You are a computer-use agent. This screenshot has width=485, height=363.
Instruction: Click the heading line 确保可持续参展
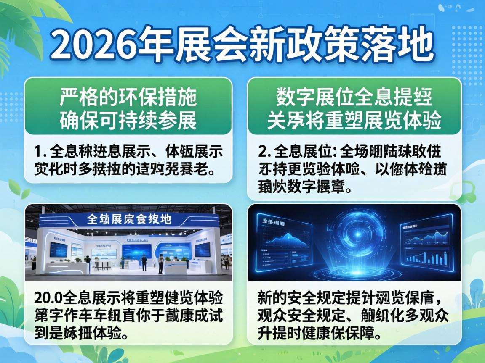click(128, 121)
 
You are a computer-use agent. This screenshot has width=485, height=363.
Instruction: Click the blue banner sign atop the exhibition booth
click(128, 219)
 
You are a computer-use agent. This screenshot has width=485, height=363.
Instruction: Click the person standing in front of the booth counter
click(160, 264)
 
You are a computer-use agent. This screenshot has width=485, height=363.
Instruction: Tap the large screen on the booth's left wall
click(58, 250)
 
